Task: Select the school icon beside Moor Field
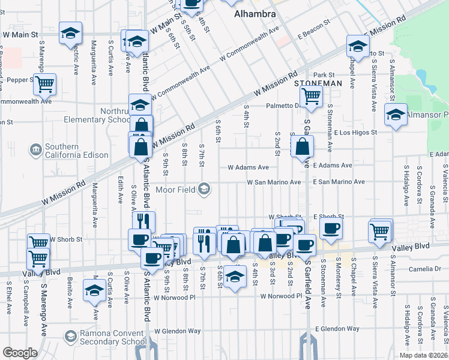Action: pyautogui.click(x=205, y=190)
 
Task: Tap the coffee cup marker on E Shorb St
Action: pyautogui.click(x=331, y=227)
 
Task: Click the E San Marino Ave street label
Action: pyautogui.click(x=338, y=182)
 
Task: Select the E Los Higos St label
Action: pyautogui.click(x=355, y=132)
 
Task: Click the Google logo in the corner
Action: pyautogui.click(x=20, y=353)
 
